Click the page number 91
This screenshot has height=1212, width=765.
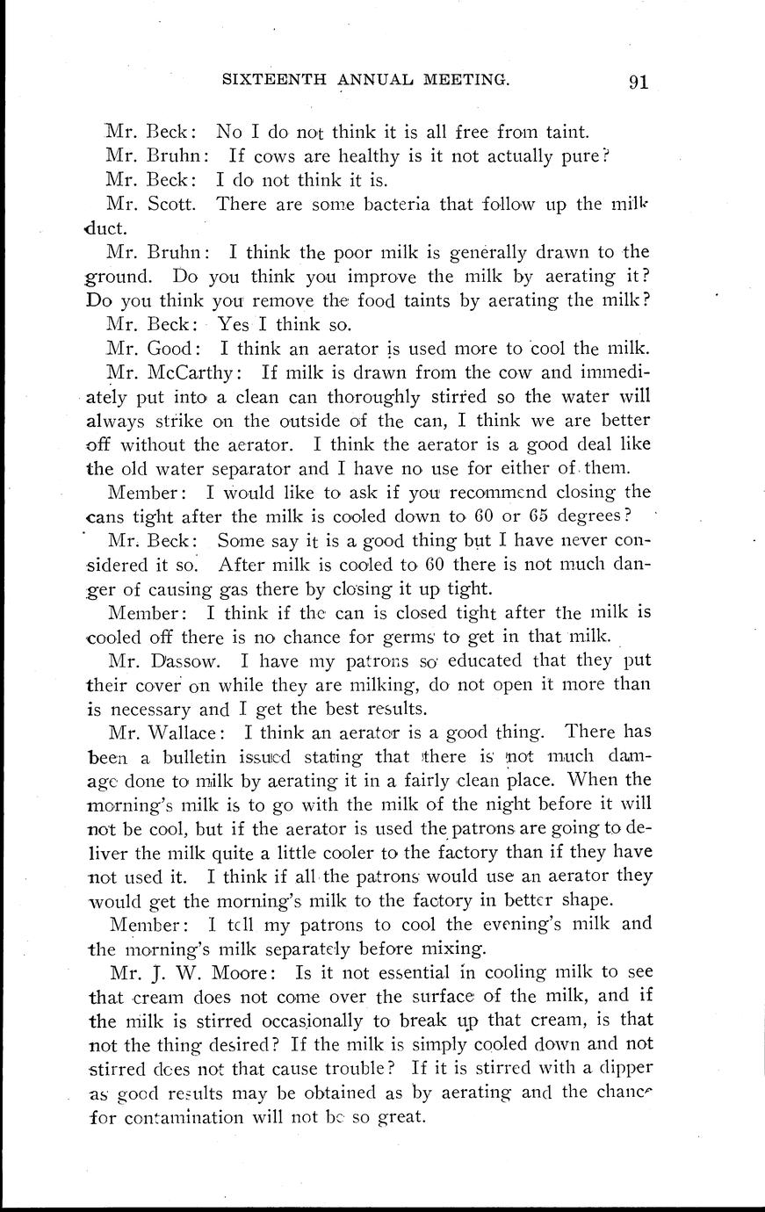[638, 83]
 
